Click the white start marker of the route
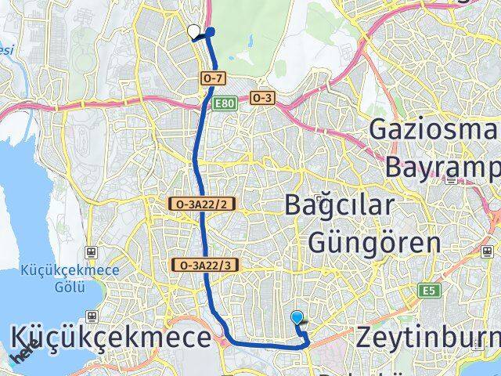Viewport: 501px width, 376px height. click(x=194, y=32)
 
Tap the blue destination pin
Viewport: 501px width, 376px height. click(x=297, y=318)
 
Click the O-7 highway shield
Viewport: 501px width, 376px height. click(x=213, y=78)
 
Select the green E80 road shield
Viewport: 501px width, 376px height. click(x=225, y=103)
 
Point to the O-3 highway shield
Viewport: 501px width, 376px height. click(x=261, y=97)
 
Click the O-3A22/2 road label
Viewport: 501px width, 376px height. click(x=202, y=204)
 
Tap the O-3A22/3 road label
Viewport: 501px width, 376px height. click(x=202, y=265)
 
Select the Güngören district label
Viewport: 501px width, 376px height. click(x=375, y=242)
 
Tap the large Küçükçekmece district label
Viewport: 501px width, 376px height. click(x=111, y=338)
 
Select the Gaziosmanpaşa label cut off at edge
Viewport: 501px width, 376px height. click(x=434, y=128)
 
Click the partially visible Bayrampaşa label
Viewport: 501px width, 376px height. click(x=442, y=166)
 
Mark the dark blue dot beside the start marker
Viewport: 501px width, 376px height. click(x=210, y=32)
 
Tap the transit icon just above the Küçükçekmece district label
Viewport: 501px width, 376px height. click(x=92, y=316)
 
